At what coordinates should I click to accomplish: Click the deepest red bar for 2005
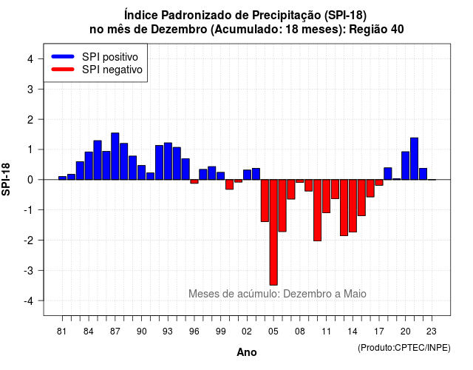273,232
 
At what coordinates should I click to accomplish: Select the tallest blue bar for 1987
115,156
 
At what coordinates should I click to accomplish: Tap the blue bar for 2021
414,158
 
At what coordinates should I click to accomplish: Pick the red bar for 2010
317,210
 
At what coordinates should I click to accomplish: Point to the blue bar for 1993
168,161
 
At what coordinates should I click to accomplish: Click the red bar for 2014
353,206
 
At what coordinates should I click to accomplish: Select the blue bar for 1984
89,166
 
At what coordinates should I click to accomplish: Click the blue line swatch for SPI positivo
63,56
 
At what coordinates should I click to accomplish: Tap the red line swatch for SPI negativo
63,69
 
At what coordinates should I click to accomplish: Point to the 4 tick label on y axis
30,59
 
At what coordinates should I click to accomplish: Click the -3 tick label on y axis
29,270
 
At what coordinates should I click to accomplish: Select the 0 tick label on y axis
30,180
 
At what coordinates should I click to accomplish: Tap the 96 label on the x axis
194,332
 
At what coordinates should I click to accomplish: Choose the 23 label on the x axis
432,332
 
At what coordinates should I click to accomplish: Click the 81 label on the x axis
61,332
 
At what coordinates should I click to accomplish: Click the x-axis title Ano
247,352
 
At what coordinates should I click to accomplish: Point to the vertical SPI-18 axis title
6,179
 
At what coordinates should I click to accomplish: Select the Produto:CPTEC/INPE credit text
404,348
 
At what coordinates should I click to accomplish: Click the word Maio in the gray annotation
355,294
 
